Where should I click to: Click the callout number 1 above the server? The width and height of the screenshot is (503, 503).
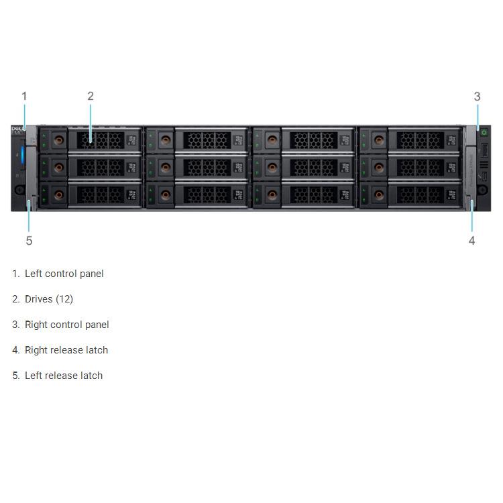point(24,96)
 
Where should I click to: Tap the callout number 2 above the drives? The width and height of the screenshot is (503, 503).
point(91,96)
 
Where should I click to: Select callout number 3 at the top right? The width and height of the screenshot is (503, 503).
point(477,97)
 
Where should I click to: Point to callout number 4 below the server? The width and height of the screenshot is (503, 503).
point(471,240)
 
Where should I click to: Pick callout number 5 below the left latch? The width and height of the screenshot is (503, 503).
point(29,240)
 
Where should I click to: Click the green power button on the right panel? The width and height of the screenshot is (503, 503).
point(484,132)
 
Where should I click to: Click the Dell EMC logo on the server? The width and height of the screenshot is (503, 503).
point(18,130)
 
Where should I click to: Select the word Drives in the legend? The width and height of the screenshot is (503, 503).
point(39,299)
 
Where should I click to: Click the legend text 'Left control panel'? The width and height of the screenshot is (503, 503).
point(64,274)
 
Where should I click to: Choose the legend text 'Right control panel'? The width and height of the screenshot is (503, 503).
point(67,325)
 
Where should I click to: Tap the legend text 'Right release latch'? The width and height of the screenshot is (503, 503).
point(66,350)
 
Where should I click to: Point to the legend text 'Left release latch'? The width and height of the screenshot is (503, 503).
point(64,376)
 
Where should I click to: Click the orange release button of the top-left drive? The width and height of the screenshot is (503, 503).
point(58,140)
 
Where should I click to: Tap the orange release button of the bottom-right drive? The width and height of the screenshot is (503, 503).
point(378,195)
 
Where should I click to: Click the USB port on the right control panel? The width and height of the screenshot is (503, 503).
point(484,149)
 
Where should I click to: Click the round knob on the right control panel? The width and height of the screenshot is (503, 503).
point(484,190)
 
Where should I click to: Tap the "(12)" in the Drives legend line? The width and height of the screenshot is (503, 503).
point(64,299)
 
